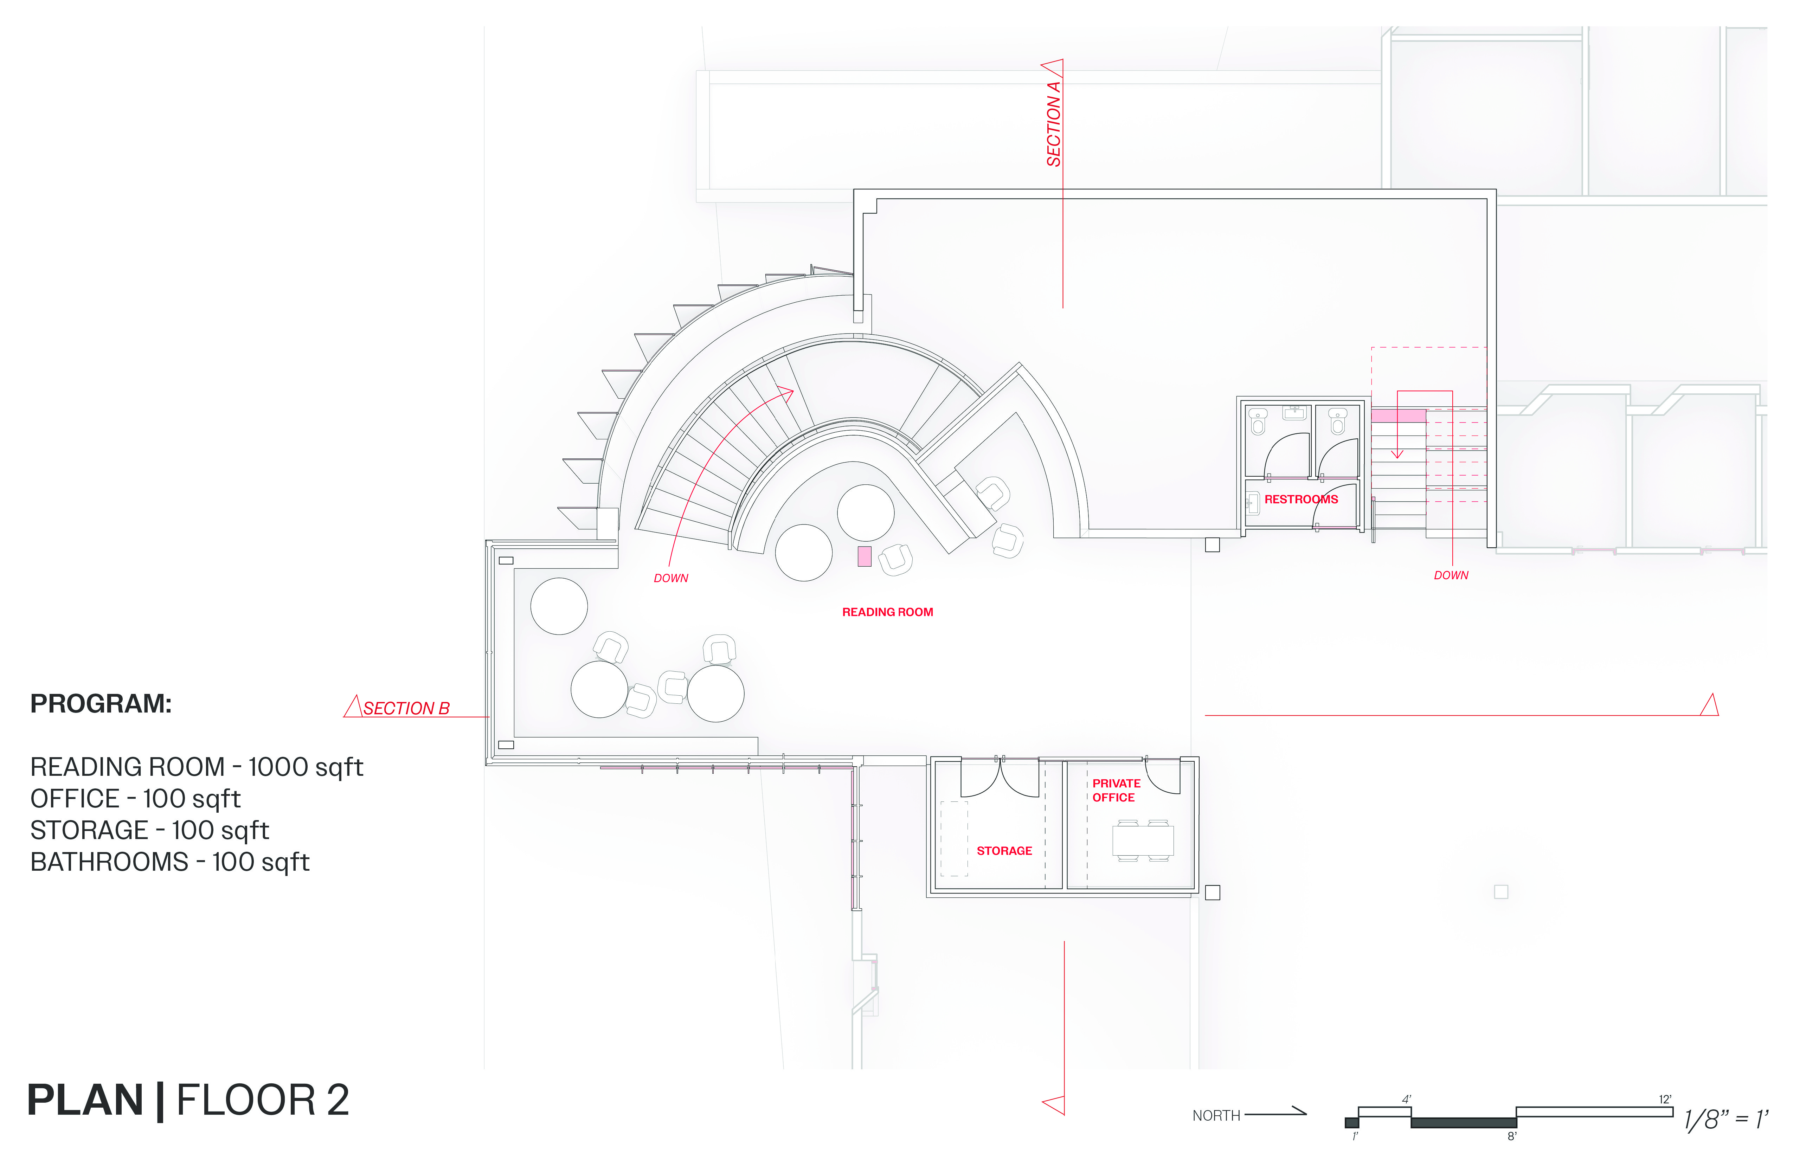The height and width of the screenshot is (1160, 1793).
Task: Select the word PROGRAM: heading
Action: click(101, 703)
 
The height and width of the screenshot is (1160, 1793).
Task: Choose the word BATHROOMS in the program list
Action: click(109, 862)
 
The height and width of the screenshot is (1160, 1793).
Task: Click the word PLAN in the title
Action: click(85, 1101)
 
